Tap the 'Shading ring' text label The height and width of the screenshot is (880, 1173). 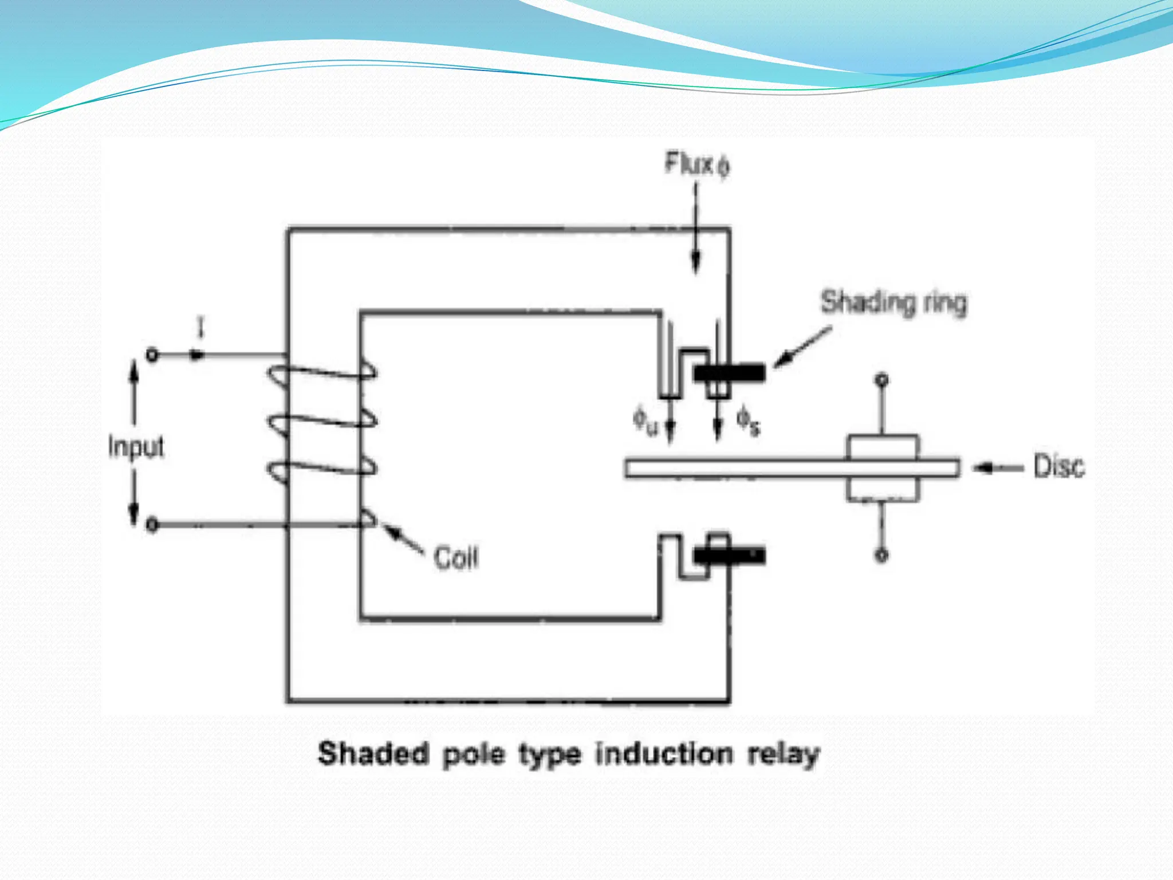pyautogui.click(x=893, y=302)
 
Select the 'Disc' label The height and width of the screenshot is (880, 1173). pyautogui.click(x=1058, y=467)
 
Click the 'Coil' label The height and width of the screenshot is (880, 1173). pyautogui.click(x=456, y=557)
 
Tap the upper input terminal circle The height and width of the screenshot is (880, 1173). pyautogui.click(x=152, y=355)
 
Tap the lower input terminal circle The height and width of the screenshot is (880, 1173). pyautogui.click(x=152, y=525)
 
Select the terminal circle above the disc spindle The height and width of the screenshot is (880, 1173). pyautogui.click(x=883, y=380)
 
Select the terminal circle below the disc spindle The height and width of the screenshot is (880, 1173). pyautogui.click(x=882, y=555)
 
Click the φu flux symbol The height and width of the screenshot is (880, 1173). pyautogui.click(x=645, y=421)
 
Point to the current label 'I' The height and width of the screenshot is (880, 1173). pyautogui.click(x=200, y=329)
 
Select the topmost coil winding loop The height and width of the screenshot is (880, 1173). pyautogui.click(x=321, y=373)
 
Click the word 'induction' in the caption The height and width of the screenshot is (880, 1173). pyautogui.click(x=664, y=754)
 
